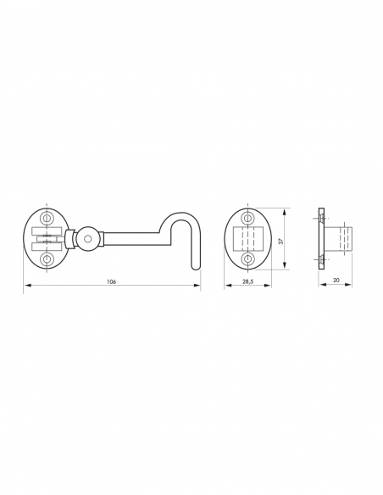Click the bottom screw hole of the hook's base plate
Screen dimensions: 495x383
(47, 260)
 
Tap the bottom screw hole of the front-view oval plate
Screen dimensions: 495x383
(247, 259)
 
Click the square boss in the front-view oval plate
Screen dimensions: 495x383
(247, 239)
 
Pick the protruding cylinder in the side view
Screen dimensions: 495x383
(341, 239)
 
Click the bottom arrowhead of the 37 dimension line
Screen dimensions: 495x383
(286, 268)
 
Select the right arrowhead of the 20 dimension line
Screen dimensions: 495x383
(351, 286)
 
